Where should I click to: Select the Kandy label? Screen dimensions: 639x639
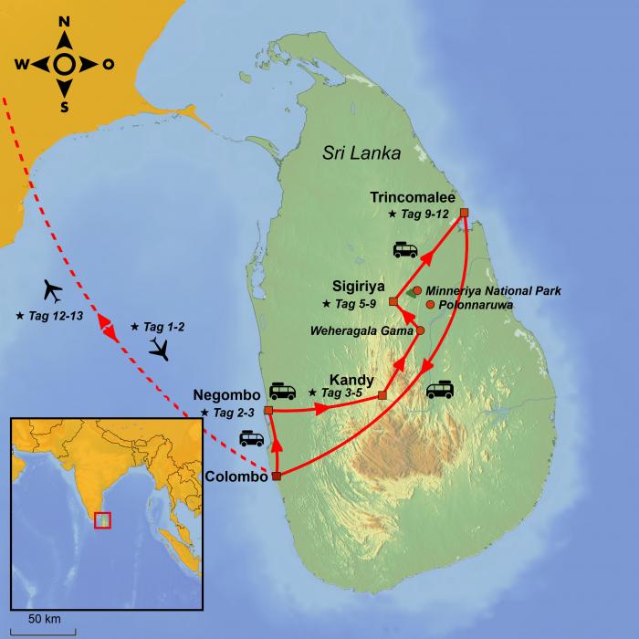tap(351, 377)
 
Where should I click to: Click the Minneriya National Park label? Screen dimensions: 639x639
tap(493, 290)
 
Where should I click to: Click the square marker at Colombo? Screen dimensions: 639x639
tap(276, 476)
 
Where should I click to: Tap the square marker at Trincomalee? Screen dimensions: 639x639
tap(464, 213)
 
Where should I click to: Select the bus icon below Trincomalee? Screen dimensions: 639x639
tap(406, 249)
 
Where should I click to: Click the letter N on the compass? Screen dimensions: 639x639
tap(63, 22)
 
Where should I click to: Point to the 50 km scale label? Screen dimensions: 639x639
tap(44, 618)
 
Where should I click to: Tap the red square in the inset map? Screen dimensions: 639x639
tap(103, 519)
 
